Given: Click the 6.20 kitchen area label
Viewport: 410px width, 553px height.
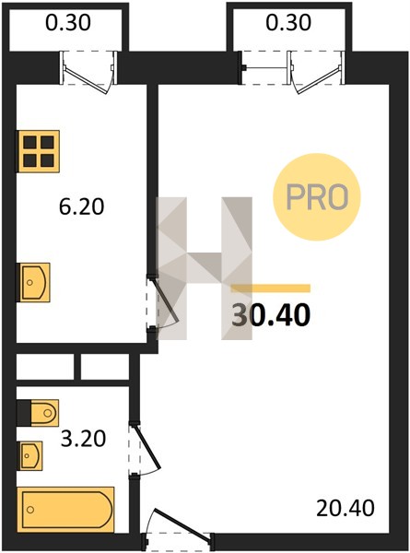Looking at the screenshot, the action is pyautogui.click(x=81, y=206).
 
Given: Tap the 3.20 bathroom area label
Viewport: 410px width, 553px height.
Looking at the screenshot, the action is pyautogui.click(x=83, y=439).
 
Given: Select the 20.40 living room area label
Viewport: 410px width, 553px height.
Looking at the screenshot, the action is pyautogui.click(x=346, y=508).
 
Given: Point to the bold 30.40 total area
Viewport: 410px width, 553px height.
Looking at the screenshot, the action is pyautogui.click(x=271, y=315).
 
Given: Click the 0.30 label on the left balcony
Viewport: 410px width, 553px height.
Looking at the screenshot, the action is pyautogui.click(x=68, y=22).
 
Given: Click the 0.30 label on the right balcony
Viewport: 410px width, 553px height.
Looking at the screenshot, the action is pyautogui.click(x=288, y=22).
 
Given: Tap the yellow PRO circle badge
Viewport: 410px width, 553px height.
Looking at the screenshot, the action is pyautogui.click(x=317, y=197).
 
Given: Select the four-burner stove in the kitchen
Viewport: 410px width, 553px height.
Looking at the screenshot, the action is pyautogui.click(x=38, y=151).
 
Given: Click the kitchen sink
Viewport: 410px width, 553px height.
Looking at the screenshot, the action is pyautogui.click(x=33, y=283).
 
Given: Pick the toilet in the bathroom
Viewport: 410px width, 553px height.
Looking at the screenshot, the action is pyautogui.click(x=38, y=413).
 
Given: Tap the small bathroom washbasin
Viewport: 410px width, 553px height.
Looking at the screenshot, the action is pyautogui.click(x=30, y=455).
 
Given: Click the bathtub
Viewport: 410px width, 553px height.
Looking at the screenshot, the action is pyautogui.click(x=66, y=510).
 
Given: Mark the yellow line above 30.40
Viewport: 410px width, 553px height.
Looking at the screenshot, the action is pyautogui.click(x=271, y=288).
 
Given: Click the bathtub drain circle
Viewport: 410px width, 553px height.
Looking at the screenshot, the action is pyautogui.click(x=30, y=510).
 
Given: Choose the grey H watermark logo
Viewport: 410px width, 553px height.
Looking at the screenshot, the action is pyautogui.click(x=205, y=268).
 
